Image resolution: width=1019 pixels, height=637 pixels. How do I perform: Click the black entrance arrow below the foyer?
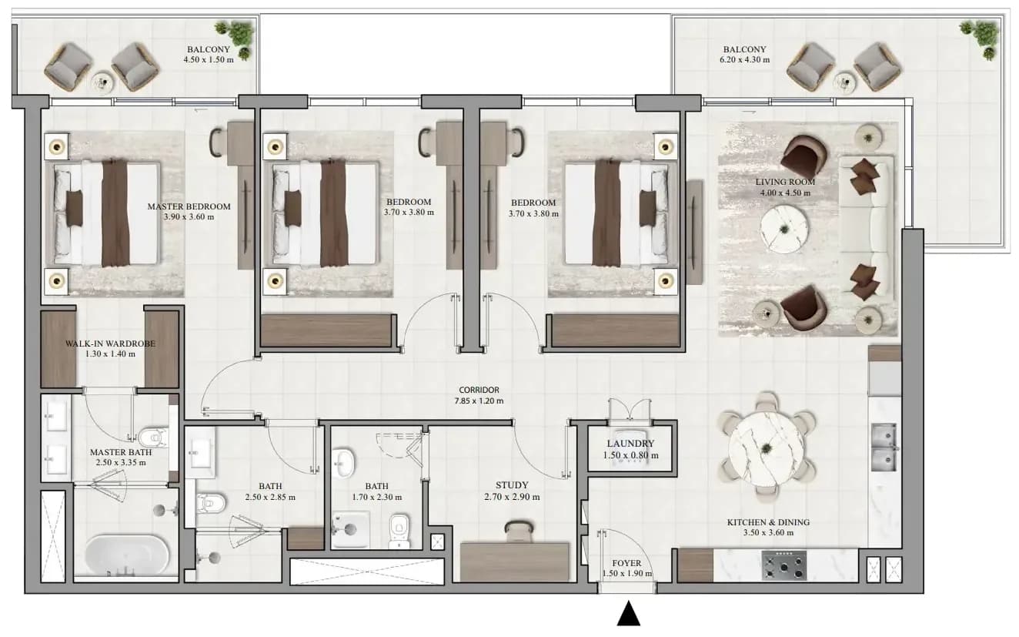point(629,614)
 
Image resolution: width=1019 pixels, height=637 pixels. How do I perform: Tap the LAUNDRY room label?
point(630,444)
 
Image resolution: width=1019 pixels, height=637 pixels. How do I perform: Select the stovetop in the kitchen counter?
point(783,565)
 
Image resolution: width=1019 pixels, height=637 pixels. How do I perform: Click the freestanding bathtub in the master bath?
point(127,556)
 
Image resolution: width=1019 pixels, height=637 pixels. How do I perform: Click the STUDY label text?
point(513,485)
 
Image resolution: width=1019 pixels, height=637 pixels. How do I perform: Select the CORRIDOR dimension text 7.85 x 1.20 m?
point(479,401)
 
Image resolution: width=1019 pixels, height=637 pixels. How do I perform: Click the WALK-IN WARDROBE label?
point(110,344)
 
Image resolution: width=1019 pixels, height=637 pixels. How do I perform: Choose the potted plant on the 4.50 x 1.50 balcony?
point(236,37)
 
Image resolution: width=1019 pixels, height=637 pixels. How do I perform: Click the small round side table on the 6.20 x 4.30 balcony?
point(845,82)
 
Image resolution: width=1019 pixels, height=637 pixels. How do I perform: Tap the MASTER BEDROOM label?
point(189,206)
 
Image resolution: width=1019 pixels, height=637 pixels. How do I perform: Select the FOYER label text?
point(626,563)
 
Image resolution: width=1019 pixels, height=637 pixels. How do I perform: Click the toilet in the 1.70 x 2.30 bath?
point(399,531)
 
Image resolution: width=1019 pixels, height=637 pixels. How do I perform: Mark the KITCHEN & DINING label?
point(768,523)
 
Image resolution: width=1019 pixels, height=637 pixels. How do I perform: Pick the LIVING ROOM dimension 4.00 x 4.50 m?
point(785,193)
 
